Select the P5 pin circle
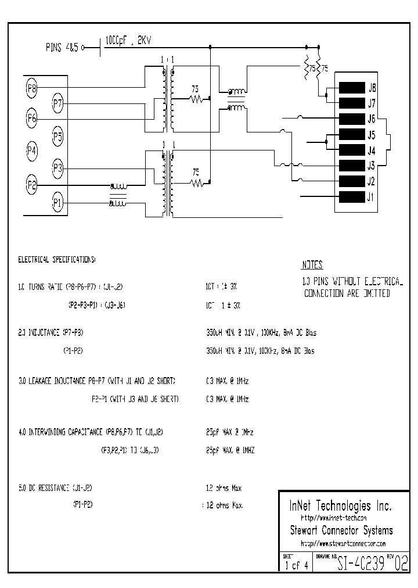[57, 138]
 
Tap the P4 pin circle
[32, 152]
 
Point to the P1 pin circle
[57, 203]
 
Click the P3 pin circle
[57, 168]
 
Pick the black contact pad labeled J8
[351, 88]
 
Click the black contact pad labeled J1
[351, 196]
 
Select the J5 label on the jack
[372, 135]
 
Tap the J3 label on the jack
[372, 166]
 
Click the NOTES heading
[312, 265]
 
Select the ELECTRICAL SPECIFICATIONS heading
[57, 260]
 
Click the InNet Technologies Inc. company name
[335, 505]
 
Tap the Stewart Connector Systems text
[341, 530]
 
